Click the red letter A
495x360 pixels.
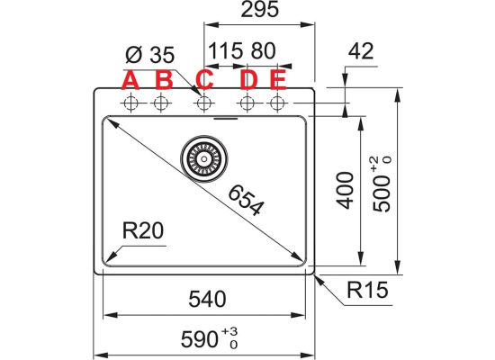(x=130, y=80)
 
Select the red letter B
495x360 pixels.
(x=164, y=80)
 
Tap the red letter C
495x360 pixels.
(x=204, y=80)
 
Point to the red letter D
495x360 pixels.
(x=248, y=80)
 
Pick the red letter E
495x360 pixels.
(x=278, y=80)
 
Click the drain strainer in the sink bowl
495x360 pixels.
(x=204, y=158)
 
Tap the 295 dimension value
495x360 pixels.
(x=260, y=10)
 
